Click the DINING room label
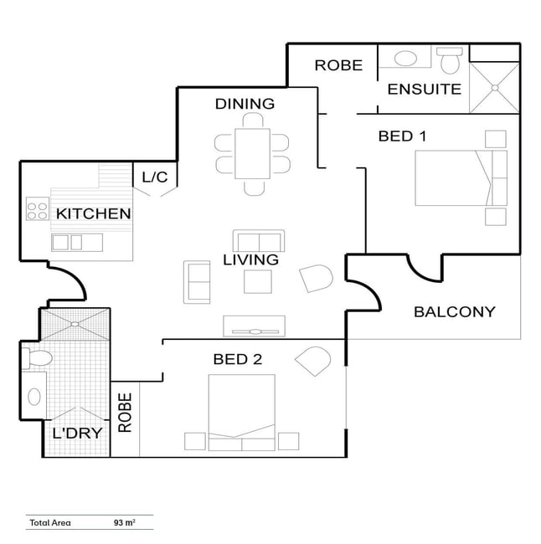tap(245, 104)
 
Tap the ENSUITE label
tap(425, 90)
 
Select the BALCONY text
tap(455, 312)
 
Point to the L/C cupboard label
tap(155, 177)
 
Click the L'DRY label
tap(77, 433)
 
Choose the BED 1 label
tap(402, 136)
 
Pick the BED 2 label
tap(238, 359)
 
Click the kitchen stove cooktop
tap(38, 208)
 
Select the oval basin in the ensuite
tap(405, 59)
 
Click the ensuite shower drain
tap(495, 88)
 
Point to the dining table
tap(252, 154)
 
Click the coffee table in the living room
tap(258, 282)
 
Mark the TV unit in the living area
tap(255, 326)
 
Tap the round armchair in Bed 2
tap(313, 362)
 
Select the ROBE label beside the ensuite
tap(338, 65)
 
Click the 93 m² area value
tap(124, 522)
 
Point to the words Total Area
tap(50, 523)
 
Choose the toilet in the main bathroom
tap(37, 358)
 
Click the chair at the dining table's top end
tap(253, 121)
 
